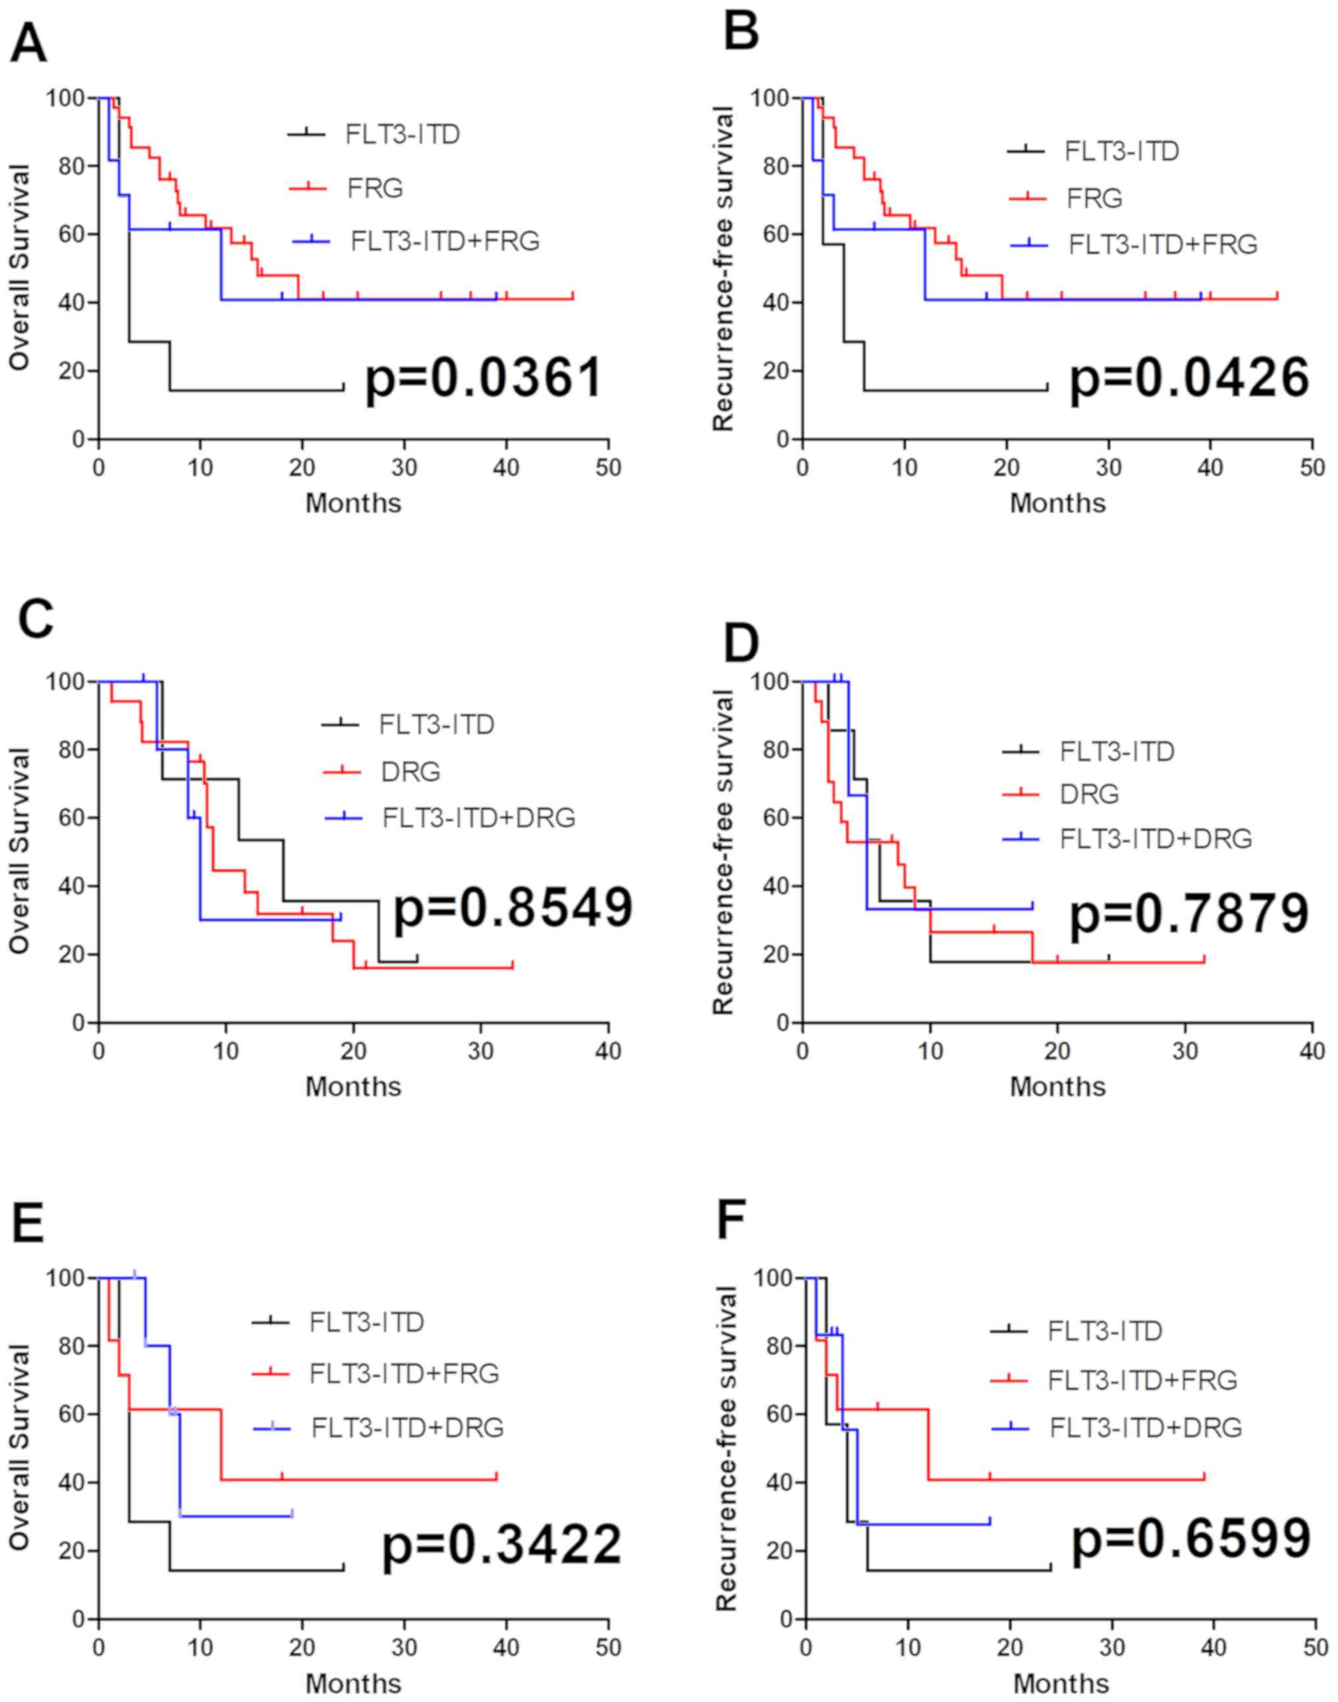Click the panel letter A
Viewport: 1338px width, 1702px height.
(x=28, y=45)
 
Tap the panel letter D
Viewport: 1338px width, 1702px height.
(x=740, y=643)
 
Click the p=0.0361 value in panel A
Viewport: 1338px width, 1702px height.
(x=485, y=378)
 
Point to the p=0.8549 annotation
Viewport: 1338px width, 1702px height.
(x=513, y=908)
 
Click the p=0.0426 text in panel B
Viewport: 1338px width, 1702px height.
(x=1190, y=378)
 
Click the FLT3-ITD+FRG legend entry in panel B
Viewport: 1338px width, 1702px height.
(x=1163, y=245)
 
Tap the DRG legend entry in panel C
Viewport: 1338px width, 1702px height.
(x=410, y=772)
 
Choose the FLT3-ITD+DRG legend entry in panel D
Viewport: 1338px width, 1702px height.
(x=1156, y=838)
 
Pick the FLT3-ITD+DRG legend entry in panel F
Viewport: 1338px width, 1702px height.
(x=1145, y=1428)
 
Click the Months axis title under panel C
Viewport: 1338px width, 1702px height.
(x=353, y=1087)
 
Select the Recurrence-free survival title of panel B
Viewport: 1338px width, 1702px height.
(x=725, y=269)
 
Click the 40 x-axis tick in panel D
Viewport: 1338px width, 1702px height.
(x=1313, y=1051)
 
